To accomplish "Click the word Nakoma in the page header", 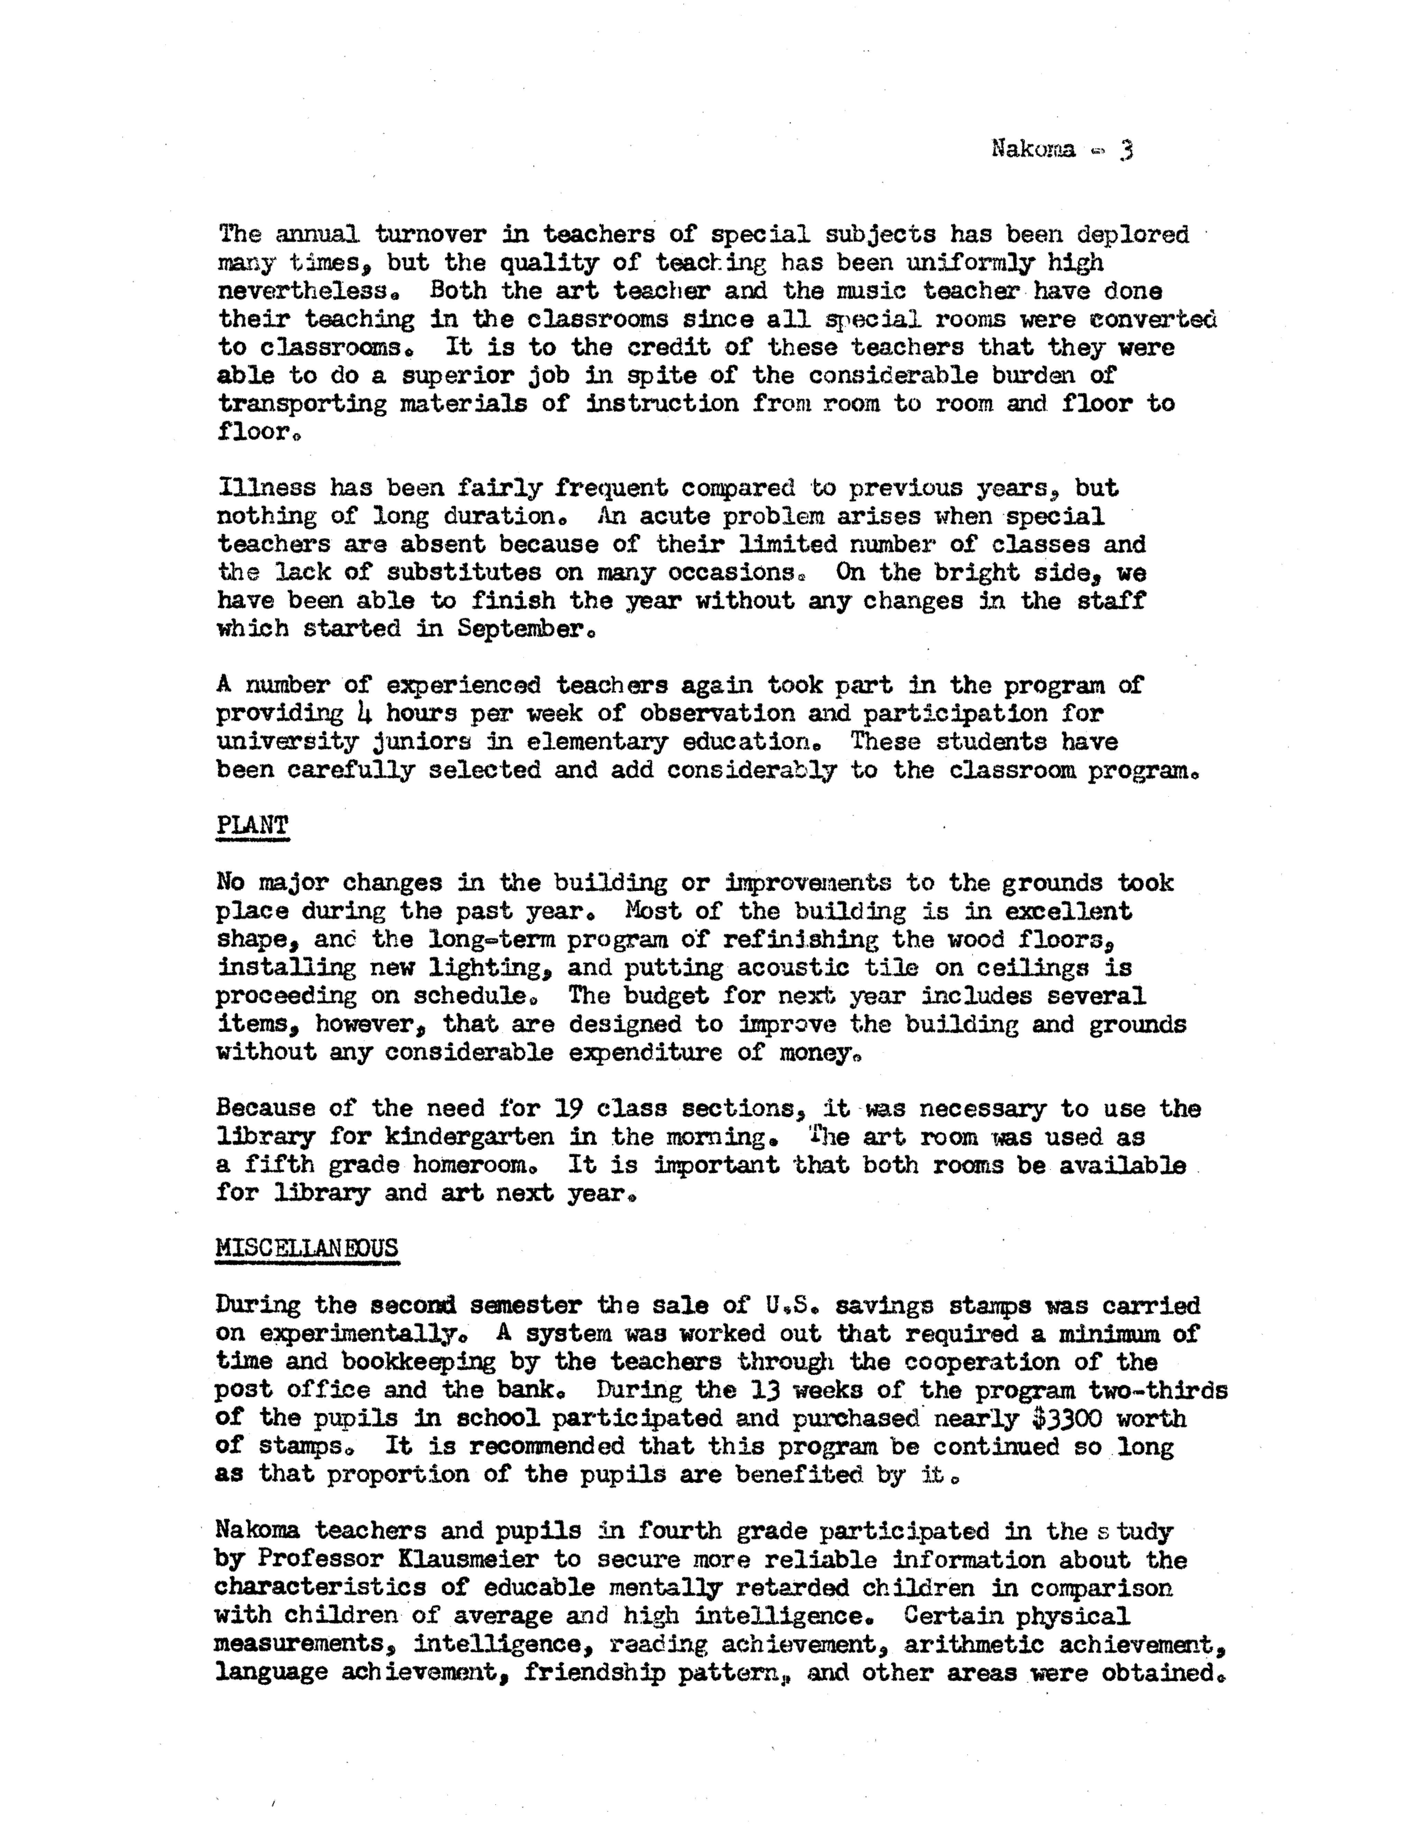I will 1033,150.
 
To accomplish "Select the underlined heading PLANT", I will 252,825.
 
